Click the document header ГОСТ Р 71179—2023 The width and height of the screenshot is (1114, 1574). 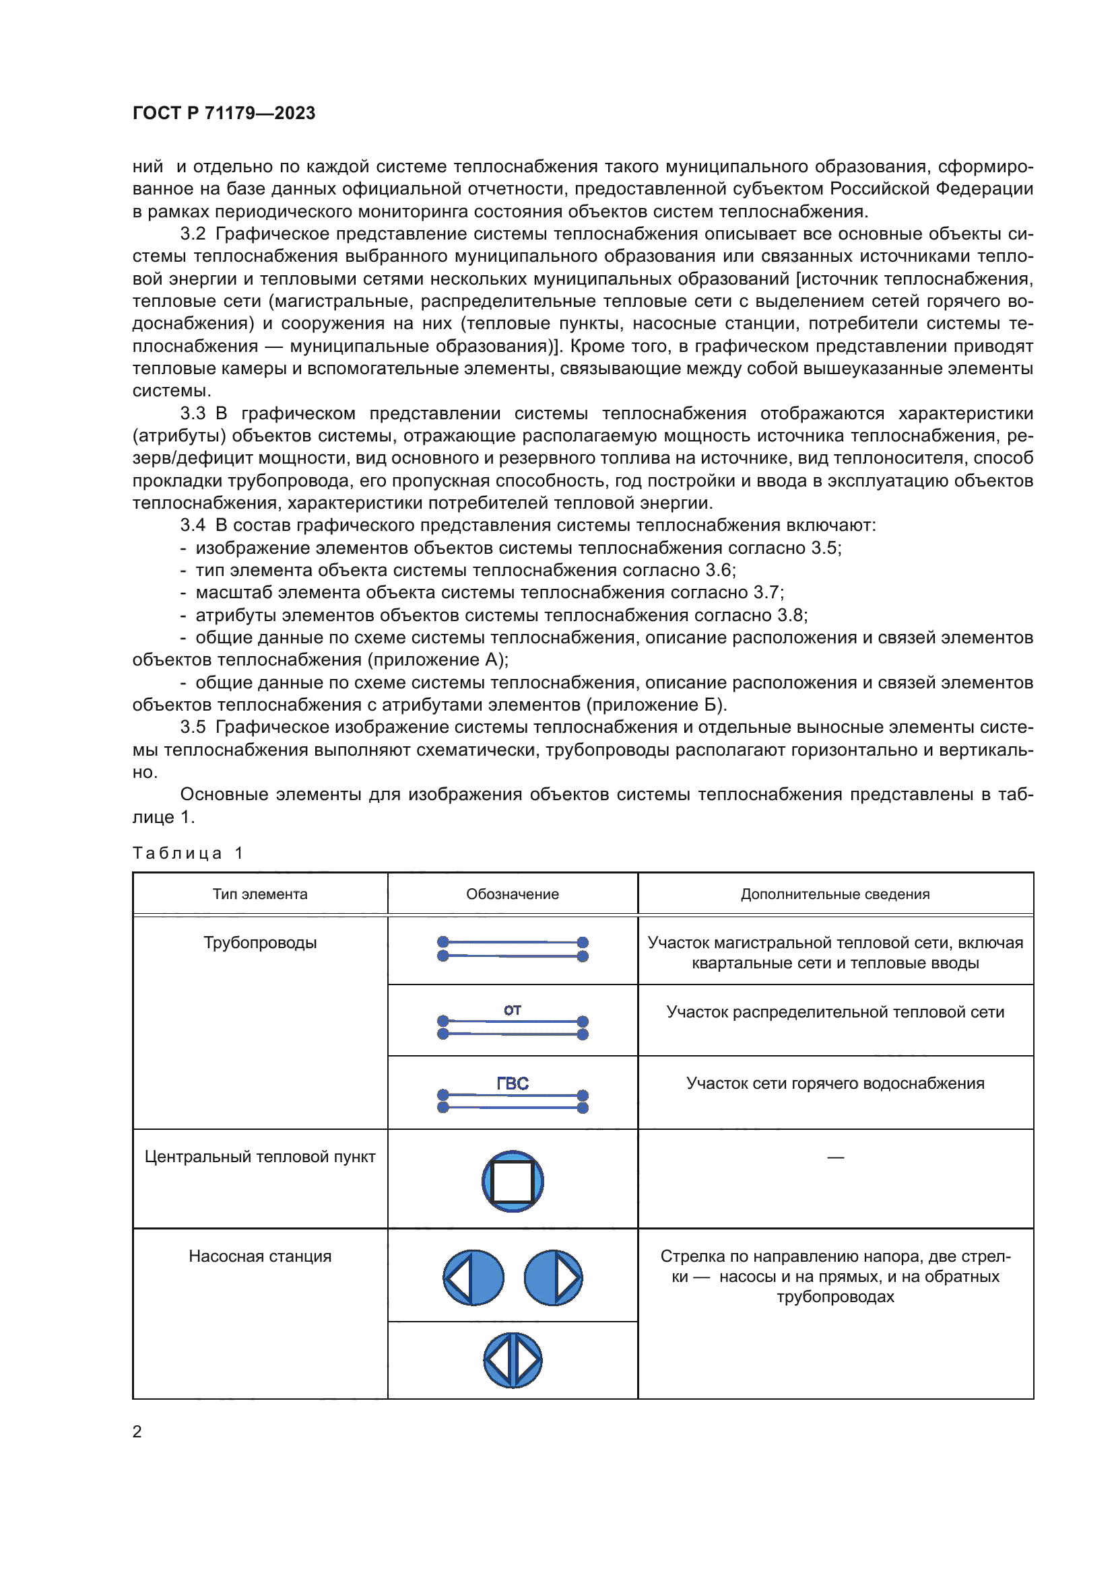tap(224, 113)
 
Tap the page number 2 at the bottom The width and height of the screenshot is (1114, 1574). tap(137, 1431)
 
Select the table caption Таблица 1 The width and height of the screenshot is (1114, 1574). tap(188, 853)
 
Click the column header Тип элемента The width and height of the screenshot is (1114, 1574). tap(260, 894)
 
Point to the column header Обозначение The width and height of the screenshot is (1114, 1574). tap(513, 894)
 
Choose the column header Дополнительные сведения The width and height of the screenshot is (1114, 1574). tap(834, 894)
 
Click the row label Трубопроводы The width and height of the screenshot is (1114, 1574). tap(260, 943)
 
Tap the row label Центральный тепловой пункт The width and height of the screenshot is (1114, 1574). tap(260, 1157)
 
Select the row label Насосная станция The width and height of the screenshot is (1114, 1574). tap(260, 1256)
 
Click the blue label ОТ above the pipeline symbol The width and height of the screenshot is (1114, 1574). tap(513, 1010)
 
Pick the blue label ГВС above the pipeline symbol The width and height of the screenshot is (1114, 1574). tap(513, 1083)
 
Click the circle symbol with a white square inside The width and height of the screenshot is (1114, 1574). tap(513, 1181)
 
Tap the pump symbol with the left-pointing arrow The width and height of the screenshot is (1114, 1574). tap(473, 1278)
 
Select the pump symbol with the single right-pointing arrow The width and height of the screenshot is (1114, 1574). tap(553, 1278)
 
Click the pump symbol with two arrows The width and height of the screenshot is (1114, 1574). tap(513, 1360)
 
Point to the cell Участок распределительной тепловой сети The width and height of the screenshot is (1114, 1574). tap(834, 1012)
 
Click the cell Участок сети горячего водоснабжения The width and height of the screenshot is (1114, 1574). tap(834, 1083)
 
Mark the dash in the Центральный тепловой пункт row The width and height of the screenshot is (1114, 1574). tap(834, 1158)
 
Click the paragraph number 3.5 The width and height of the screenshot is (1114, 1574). tap(193, 727)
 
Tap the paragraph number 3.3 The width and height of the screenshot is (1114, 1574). tap(193, 413)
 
